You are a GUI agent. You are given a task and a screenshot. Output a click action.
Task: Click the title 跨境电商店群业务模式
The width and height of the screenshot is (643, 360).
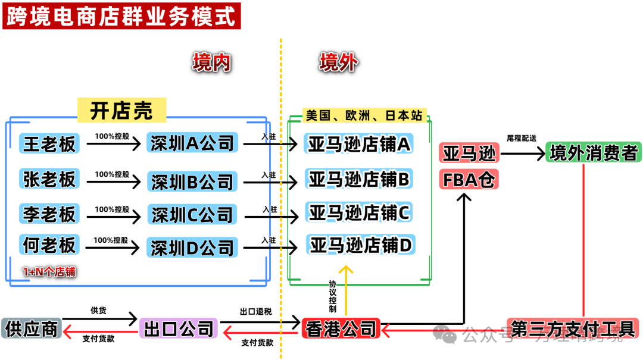point(121,16)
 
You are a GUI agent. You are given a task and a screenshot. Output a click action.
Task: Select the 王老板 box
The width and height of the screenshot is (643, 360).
point(50,143)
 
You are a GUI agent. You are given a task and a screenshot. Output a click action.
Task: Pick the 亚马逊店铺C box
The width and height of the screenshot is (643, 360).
point(359,212)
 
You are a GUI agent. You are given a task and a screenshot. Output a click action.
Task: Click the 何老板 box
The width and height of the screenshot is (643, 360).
point(50,245)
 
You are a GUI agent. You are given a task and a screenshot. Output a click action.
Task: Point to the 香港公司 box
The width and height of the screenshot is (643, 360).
point(342,328)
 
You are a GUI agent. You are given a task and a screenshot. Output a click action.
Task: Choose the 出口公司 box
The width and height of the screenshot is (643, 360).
point(179,328)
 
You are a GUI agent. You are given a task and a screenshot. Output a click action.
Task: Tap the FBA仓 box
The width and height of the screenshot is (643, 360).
point(469,179)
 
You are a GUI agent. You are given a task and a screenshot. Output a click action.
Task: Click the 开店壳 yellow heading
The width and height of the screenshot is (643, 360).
point(121,110)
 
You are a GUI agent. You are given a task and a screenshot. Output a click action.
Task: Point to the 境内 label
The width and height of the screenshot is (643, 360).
point(211,61)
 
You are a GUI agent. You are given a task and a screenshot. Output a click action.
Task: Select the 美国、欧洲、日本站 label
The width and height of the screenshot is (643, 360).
point(364,115)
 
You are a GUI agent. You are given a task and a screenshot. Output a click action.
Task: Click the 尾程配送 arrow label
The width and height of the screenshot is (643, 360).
point(521,138)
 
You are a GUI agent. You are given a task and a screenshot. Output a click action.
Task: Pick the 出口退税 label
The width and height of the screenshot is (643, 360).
point(255,311)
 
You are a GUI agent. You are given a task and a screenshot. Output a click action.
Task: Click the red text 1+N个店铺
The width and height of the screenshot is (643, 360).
point(49,272)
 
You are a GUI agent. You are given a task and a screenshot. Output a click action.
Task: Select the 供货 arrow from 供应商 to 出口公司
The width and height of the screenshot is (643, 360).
point(99,319)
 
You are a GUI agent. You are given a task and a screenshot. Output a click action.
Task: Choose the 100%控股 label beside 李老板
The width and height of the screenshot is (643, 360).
point(112,209)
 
